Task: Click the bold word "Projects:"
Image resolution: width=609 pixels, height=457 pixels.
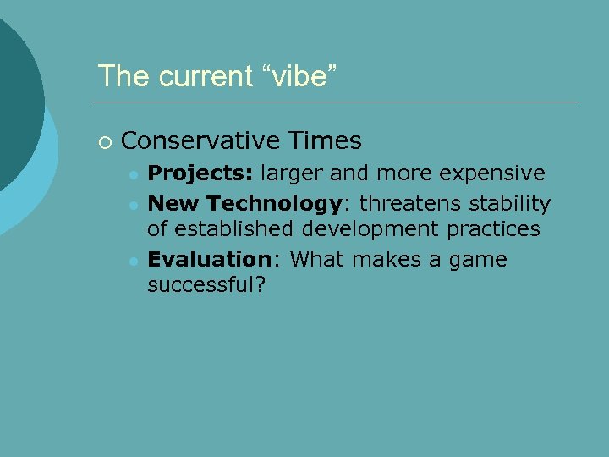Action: tap(200, 173)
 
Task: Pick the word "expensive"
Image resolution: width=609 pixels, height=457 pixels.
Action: tap(494, 173)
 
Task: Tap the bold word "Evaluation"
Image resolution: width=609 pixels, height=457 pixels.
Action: tap(207, 260)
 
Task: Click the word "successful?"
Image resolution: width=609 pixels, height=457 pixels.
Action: tap(206, 285)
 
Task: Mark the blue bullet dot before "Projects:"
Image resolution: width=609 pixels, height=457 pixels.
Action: tap(133, 174)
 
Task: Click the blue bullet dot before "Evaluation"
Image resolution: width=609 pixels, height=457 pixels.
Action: tap(133, 261)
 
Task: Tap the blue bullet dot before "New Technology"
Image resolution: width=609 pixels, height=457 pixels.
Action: tap(133, 205)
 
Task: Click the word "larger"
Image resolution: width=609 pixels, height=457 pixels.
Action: tap(292, 173)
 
